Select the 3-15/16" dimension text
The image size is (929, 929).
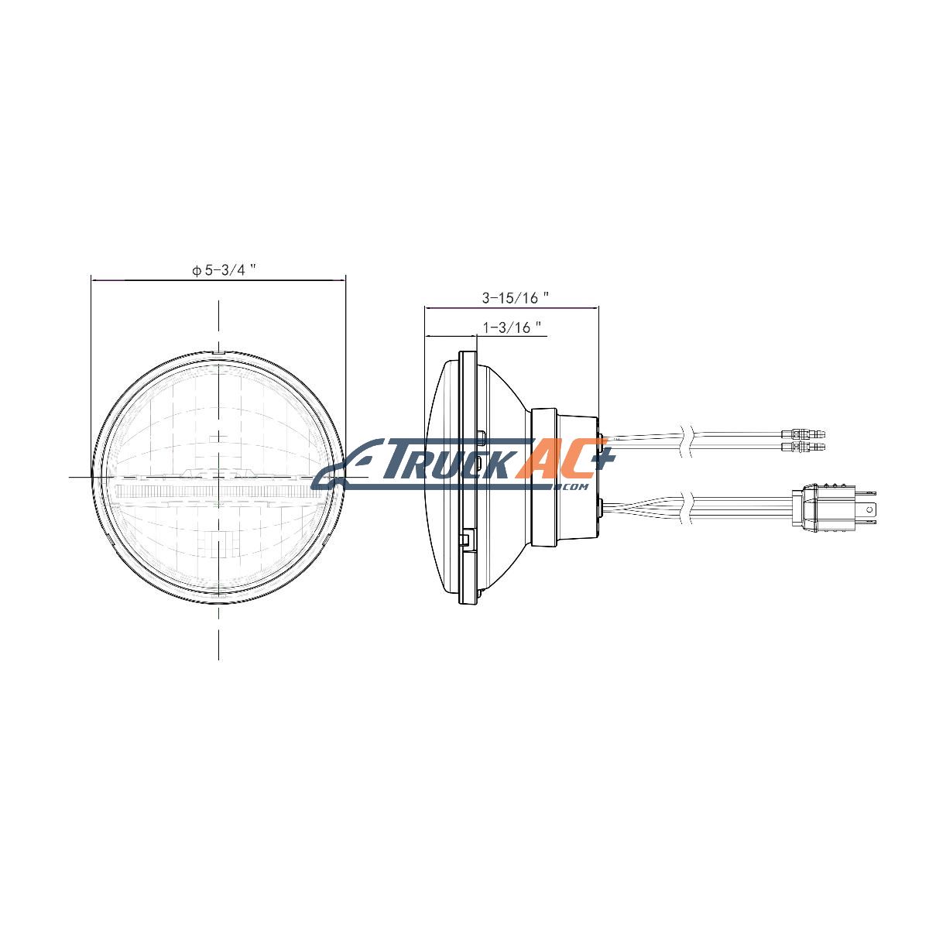pos(516,298)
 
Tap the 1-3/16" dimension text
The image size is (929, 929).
pos(512,327)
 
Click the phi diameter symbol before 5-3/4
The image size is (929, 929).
pos(197,270)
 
